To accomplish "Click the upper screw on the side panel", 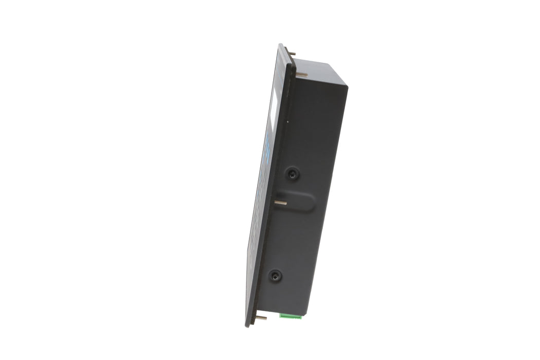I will click(x=293, y=174).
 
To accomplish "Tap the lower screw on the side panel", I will click(x=276, y=276).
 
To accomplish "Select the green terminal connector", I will click(x=291, y=316).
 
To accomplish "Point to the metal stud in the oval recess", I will click(x=280, y=203).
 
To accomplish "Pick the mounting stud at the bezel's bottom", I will click(x=261, y=318).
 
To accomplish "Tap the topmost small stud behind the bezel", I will click(x=292, y=53).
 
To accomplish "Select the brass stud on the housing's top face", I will click(x=302, y=75).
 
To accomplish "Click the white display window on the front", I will click(x=273, y=111).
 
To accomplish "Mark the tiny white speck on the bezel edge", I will click(x=287, y=122).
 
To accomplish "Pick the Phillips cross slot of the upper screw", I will click(x=293, y=174).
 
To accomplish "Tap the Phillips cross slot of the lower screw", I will click(x=276, y=276).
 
